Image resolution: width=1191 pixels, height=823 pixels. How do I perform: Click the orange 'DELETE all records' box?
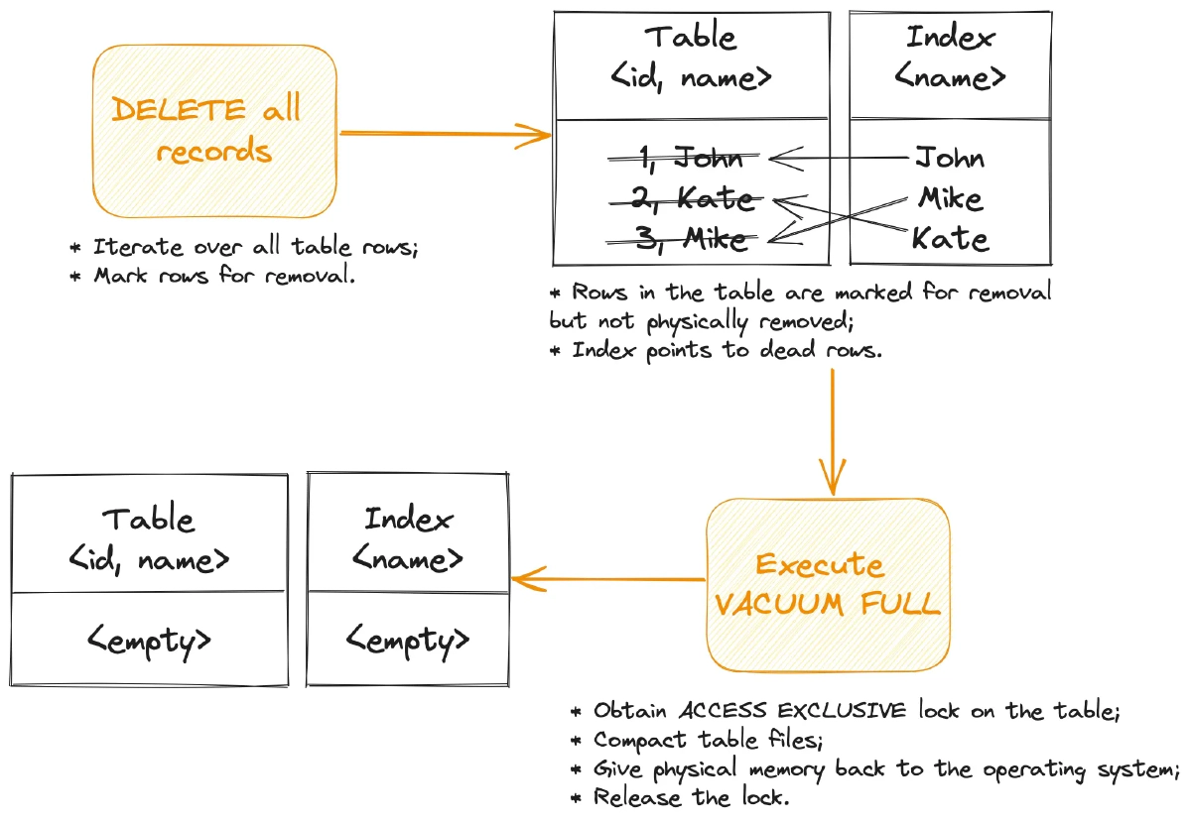tap(214, 131)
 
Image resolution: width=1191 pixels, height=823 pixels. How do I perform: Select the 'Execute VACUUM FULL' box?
tap(828, 584)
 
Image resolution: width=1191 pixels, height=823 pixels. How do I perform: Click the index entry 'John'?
tap(949, 157)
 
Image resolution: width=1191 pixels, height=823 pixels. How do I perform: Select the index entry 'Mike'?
tap(950, 198)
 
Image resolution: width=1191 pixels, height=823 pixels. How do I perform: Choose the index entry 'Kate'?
tap(950, 239)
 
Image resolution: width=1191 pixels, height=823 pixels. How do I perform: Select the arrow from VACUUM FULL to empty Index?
tap(607, 579)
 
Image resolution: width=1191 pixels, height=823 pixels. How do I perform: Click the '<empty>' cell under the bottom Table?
tap(150, 641)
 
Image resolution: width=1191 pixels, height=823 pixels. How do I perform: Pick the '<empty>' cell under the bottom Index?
tap(408, 641)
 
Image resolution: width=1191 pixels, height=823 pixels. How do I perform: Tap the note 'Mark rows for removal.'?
tap(223, 276)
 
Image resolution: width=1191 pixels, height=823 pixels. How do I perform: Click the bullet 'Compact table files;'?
tap(709, 740)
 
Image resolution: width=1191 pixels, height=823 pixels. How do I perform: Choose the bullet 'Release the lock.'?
tap(692, 797)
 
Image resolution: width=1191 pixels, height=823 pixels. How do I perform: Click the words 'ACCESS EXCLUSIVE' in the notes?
tap(792, 711)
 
